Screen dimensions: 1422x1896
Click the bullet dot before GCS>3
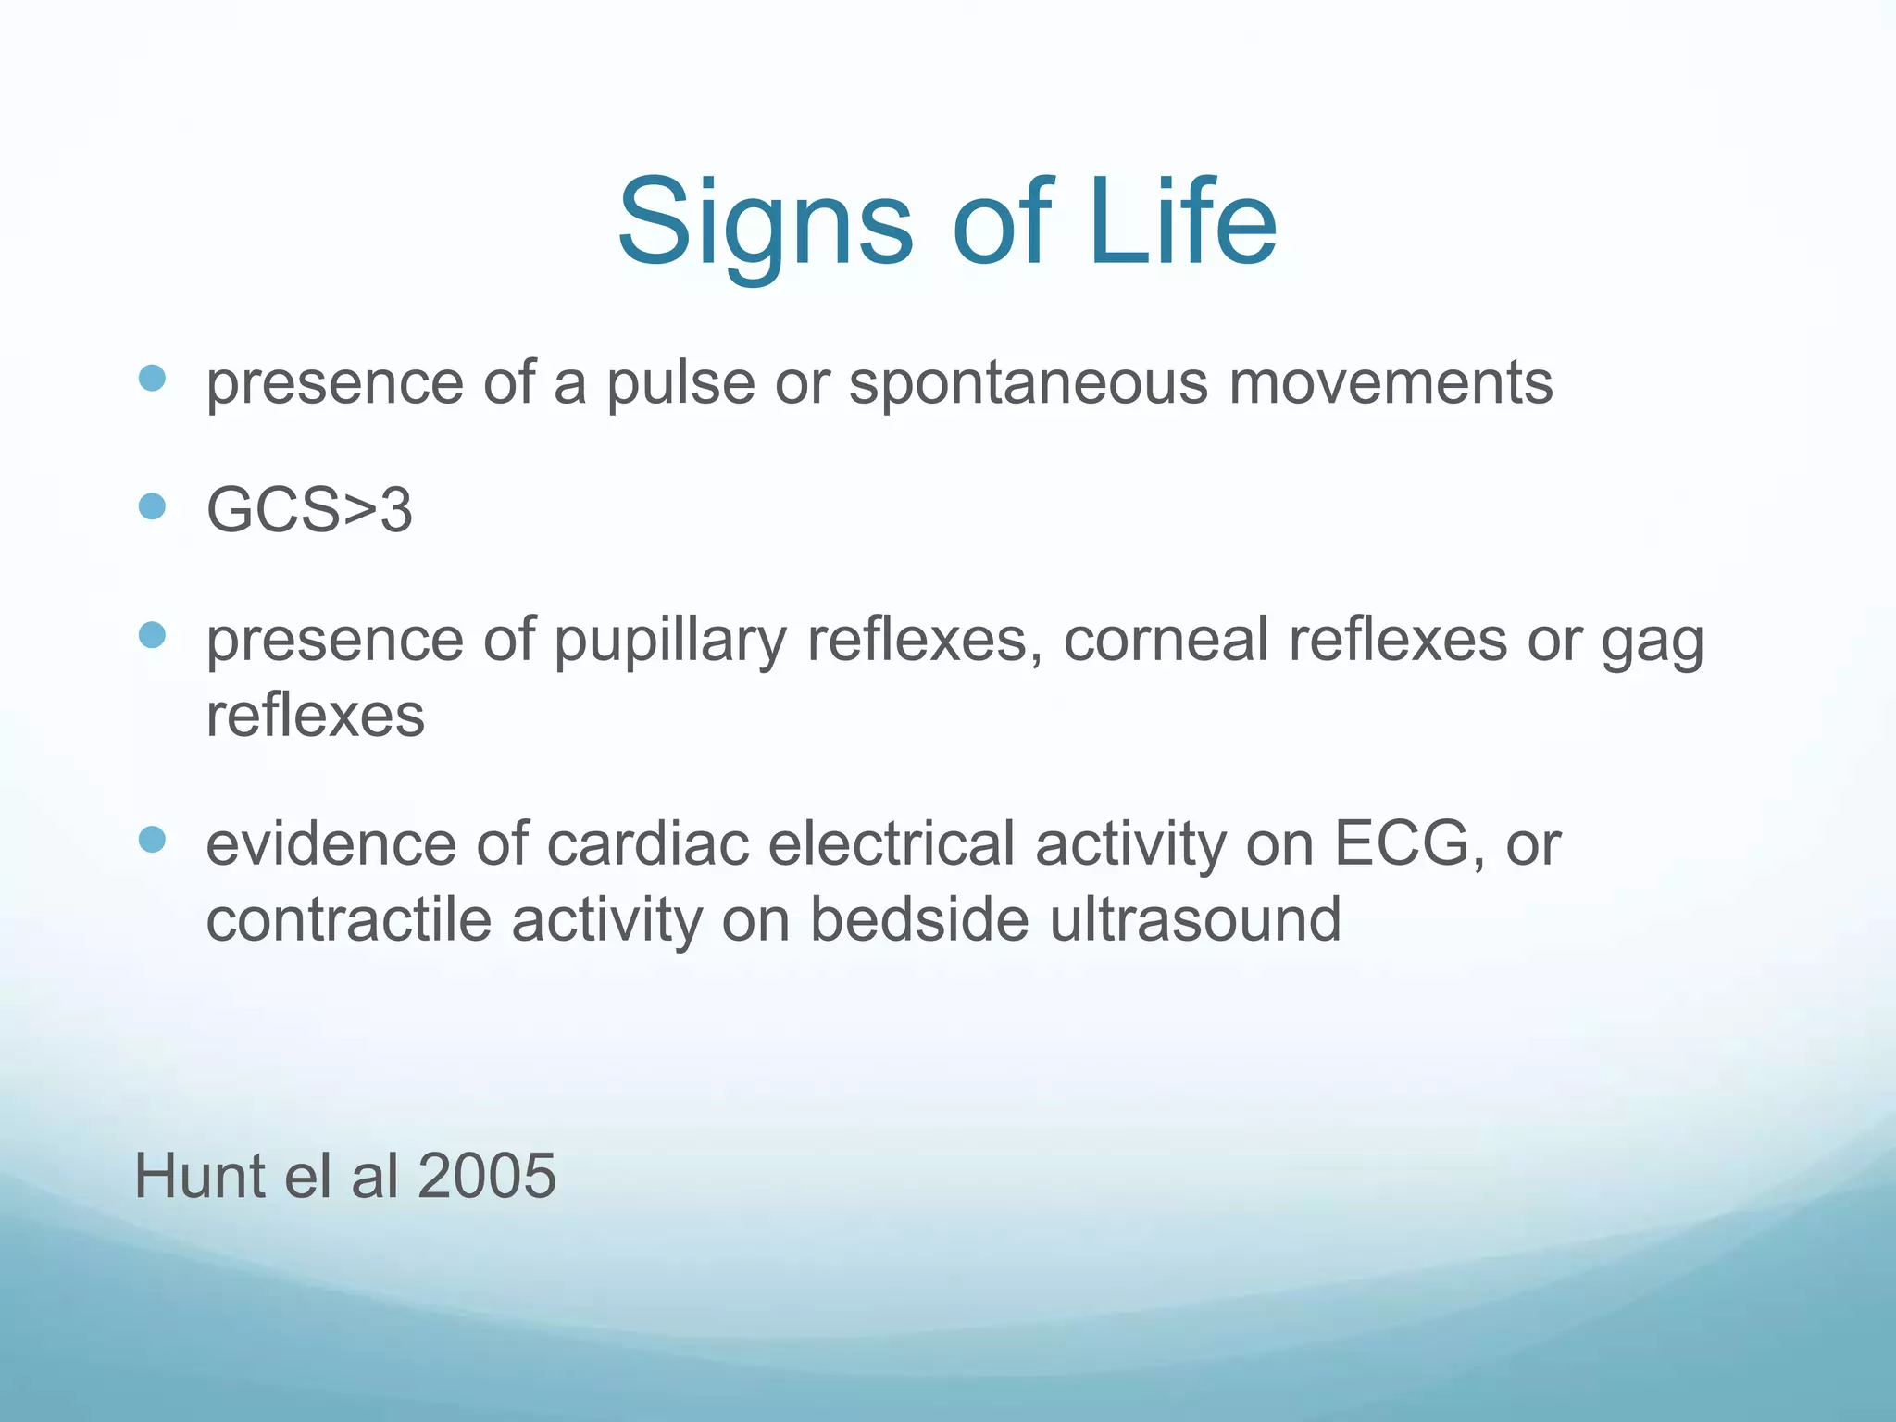click(152, 506)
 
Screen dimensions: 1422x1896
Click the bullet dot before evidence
click(152, 840)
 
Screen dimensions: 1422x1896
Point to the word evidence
click(331, 843)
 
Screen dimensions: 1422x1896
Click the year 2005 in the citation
click(487, 1176)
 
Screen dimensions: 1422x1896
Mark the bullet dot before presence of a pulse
click(152, 378)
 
